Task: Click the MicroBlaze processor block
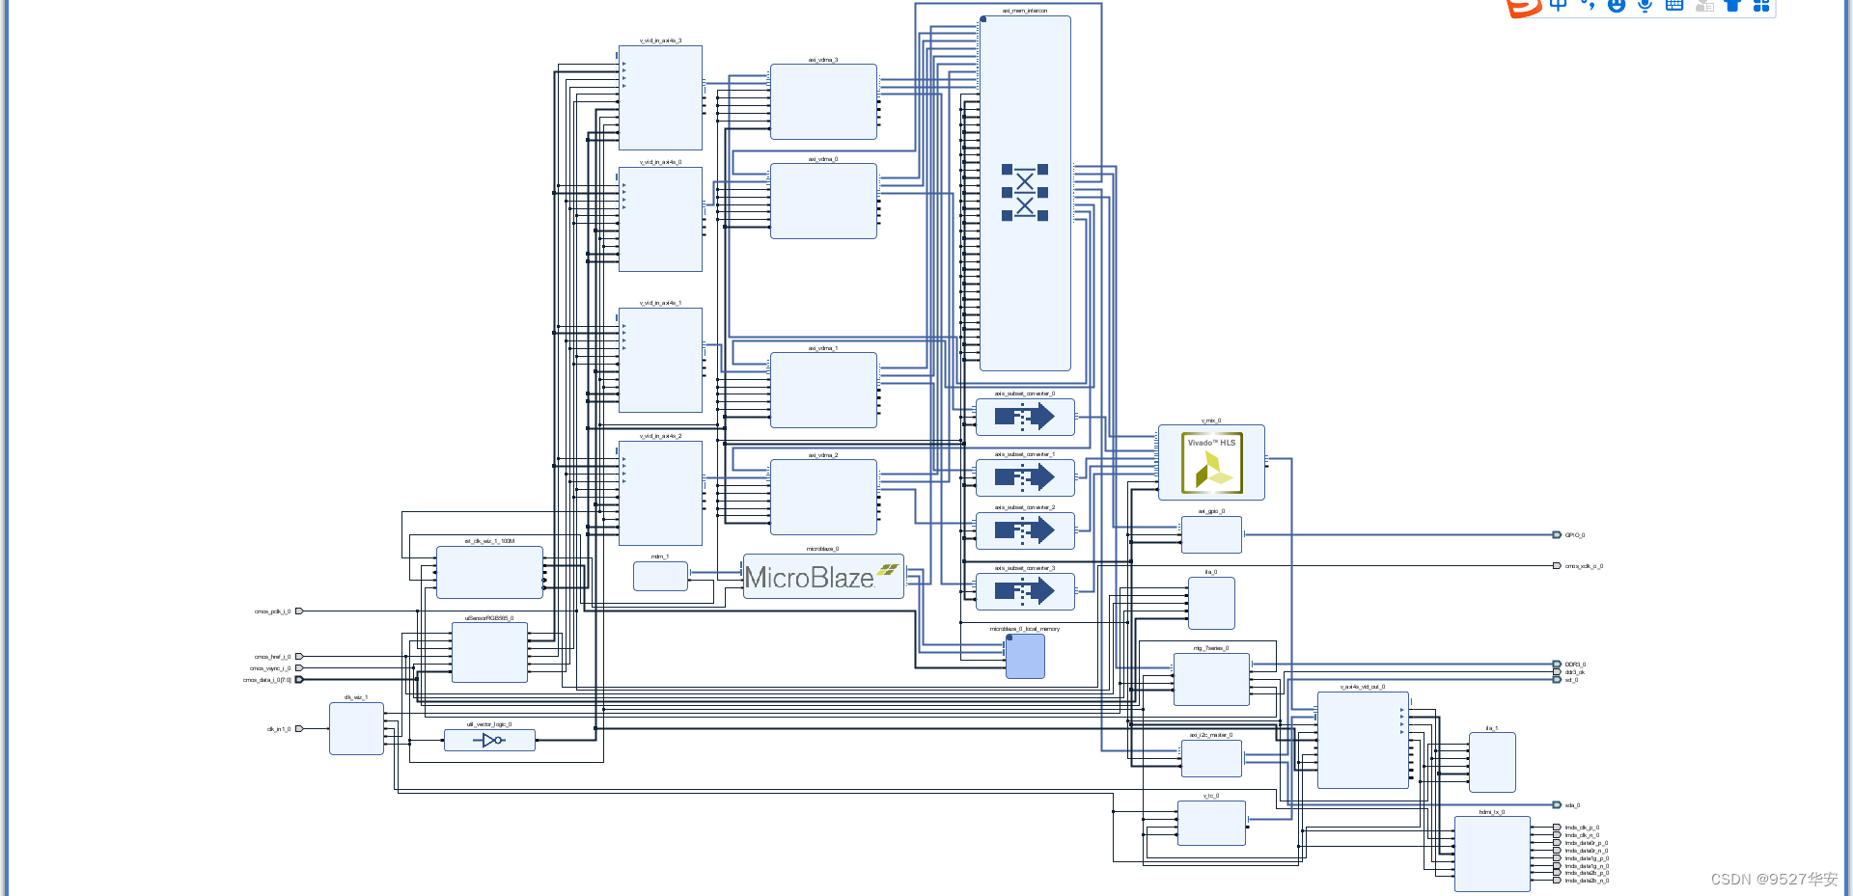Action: pyautogui.click(x=822, y=577)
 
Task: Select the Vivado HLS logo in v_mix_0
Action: pyautogui.click(x=1211, y=463)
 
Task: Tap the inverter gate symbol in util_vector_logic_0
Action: pyautogui.click(x=492, y=741)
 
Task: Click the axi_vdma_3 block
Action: pyautogui.click(x=823, y=102)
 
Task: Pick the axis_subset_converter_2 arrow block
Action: pyautogui.click(x=1025, y=530)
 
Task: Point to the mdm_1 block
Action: pyautogui.click(x=660, y=576)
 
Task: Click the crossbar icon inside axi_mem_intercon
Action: pyautogui.click(x=1024, y=192)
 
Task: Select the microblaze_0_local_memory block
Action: pyautogui.click(x=1025, y=656)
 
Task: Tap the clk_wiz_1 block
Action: pyautogui.click(x=356, y=728)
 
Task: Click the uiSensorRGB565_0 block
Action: pyautogui.click(x=489, y=652)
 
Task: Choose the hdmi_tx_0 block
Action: pyautogui.click(x=1491, y=854)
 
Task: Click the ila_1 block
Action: pyautogui.click(x=1492, y=762)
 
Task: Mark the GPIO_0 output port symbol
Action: pyautogui.click(x=1557, y=535)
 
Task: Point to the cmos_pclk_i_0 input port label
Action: pyautogui.click(x=272, y=611)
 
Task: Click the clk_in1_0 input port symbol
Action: pyautogui.click(x=299, y=729)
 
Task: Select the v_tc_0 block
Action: pyautogui.click(x=1211, y=823)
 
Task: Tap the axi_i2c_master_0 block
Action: pyautogui.click(x=1211, y=758)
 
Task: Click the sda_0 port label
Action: pyautogui.click(x=1572, y=805)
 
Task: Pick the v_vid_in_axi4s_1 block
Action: pyautogui.click(x=660, y=361)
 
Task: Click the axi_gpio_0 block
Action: pyautogui.click(x=1211, y=534)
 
